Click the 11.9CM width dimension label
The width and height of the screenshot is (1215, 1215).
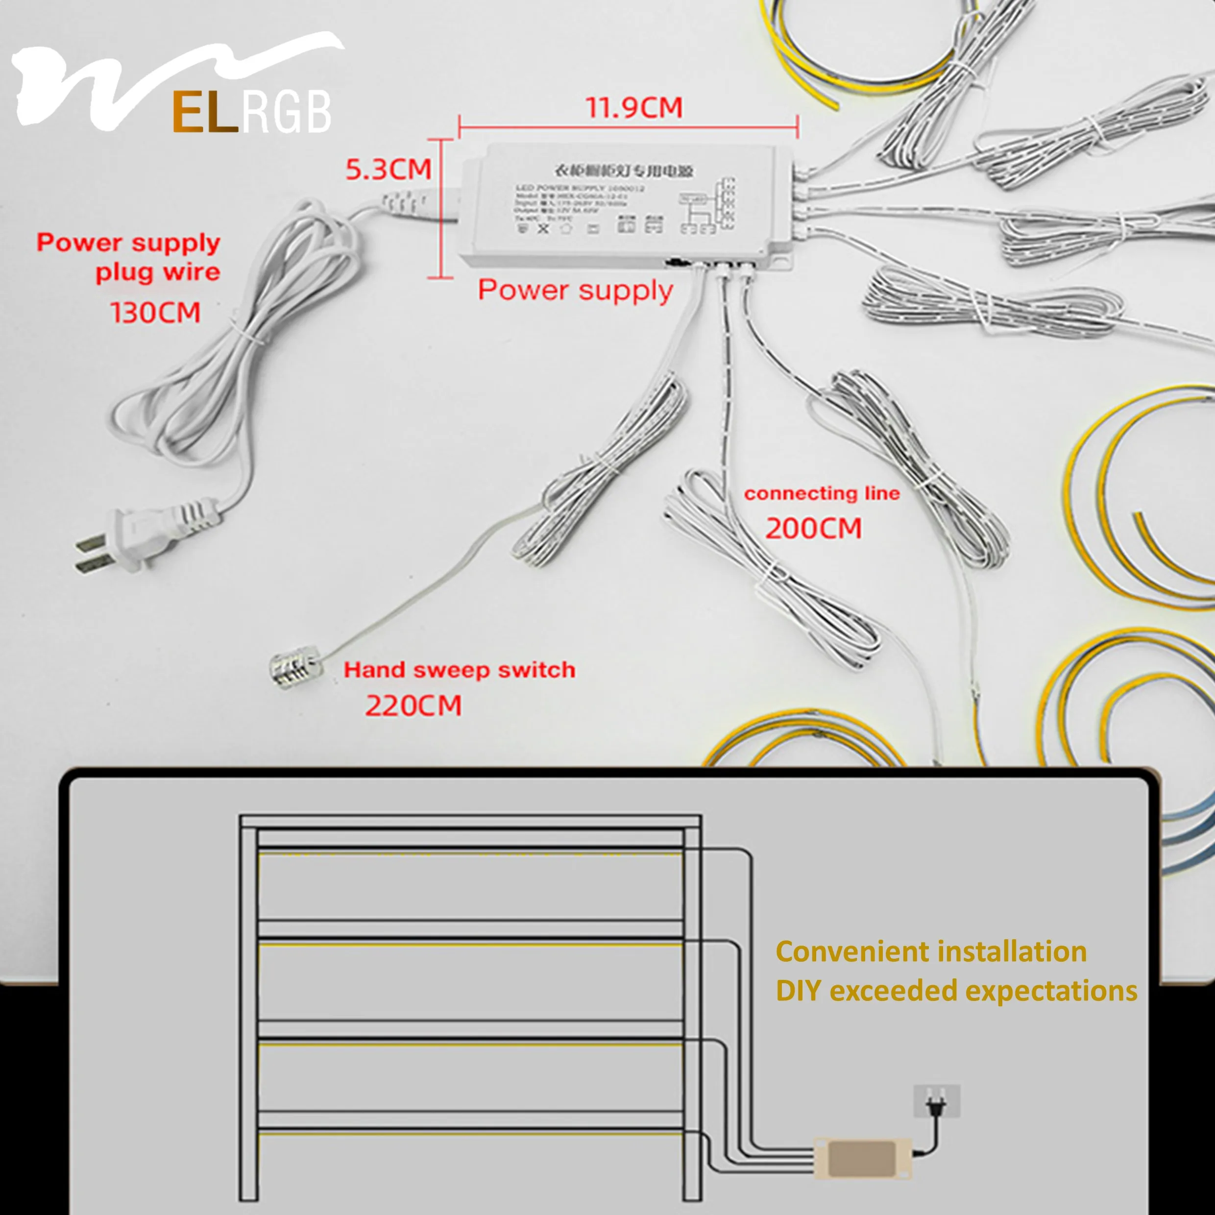pyautogui.click(x=634, y=108)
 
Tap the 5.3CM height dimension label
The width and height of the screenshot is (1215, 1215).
pyautogui.click(x=388, y=170)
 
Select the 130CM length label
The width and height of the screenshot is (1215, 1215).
pyautogui.click(x=155, y=313)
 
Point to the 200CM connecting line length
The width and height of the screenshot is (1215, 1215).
pyautogui.click(x=813, y=528)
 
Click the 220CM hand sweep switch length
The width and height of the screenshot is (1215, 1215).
pyautogui.click(x=413, y=705)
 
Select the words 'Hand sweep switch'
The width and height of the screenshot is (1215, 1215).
pyautogui.click(x=459, y=670)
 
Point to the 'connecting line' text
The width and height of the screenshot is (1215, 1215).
pyautogui.click(x=822, y=494)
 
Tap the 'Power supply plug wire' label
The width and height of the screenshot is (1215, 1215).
pyautogui.click(x=128, y=257)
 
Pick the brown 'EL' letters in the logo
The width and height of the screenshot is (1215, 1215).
pyautogui.click(x=205, y=113)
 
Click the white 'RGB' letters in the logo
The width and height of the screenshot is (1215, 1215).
pyautogui.click(x=286, y=113)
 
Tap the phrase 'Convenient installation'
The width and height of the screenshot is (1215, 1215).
pyautogui.click(x=931, y=952)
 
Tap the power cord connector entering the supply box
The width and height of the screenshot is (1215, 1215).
pyautogui.click(x=409, y=205)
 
